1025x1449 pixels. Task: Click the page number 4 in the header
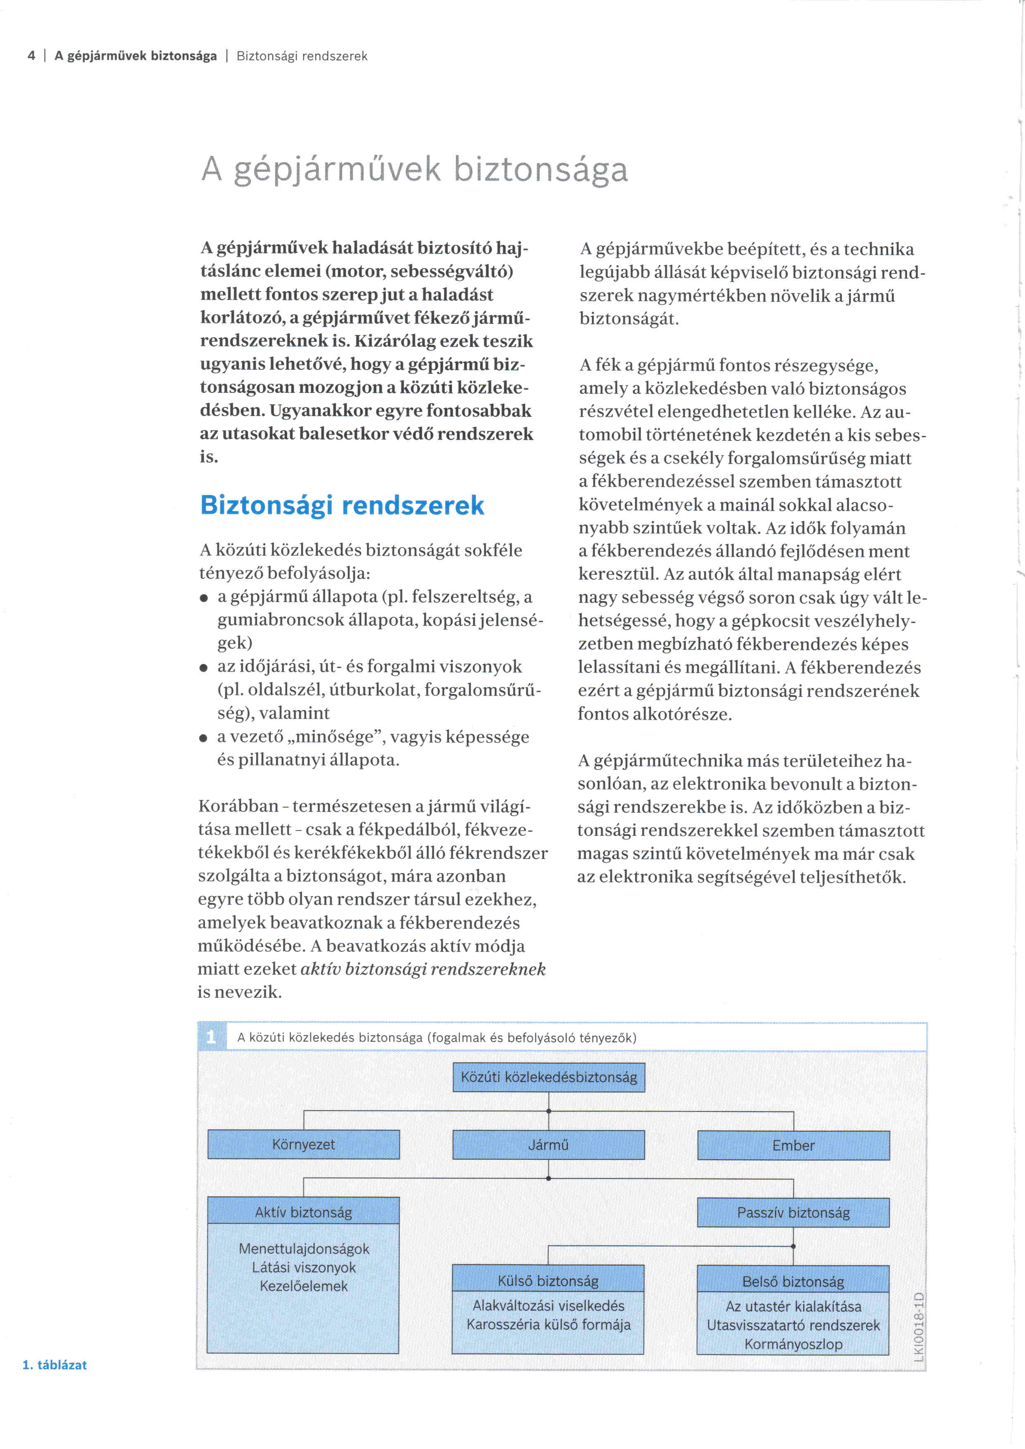coord(31,56)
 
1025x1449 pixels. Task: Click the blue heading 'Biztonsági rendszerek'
coord(342,505)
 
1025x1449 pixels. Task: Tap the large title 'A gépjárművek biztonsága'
coord(415,169)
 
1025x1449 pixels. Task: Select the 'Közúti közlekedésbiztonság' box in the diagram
coord(548,1077)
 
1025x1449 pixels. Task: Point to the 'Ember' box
coord(794,1145)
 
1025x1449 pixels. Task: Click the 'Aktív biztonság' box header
coord(304,1212)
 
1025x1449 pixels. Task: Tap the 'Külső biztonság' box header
coord(548,1280)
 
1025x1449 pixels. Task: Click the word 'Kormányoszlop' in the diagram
coord(794,1344)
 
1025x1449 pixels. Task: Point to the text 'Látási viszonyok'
coord(304,1267)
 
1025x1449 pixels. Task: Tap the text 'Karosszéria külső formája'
coord(548,1324)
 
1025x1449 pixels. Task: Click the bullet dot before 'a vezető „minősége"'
coord(203,738)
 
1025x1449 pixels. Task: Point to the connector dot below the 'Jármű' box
coord(548,1178)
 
